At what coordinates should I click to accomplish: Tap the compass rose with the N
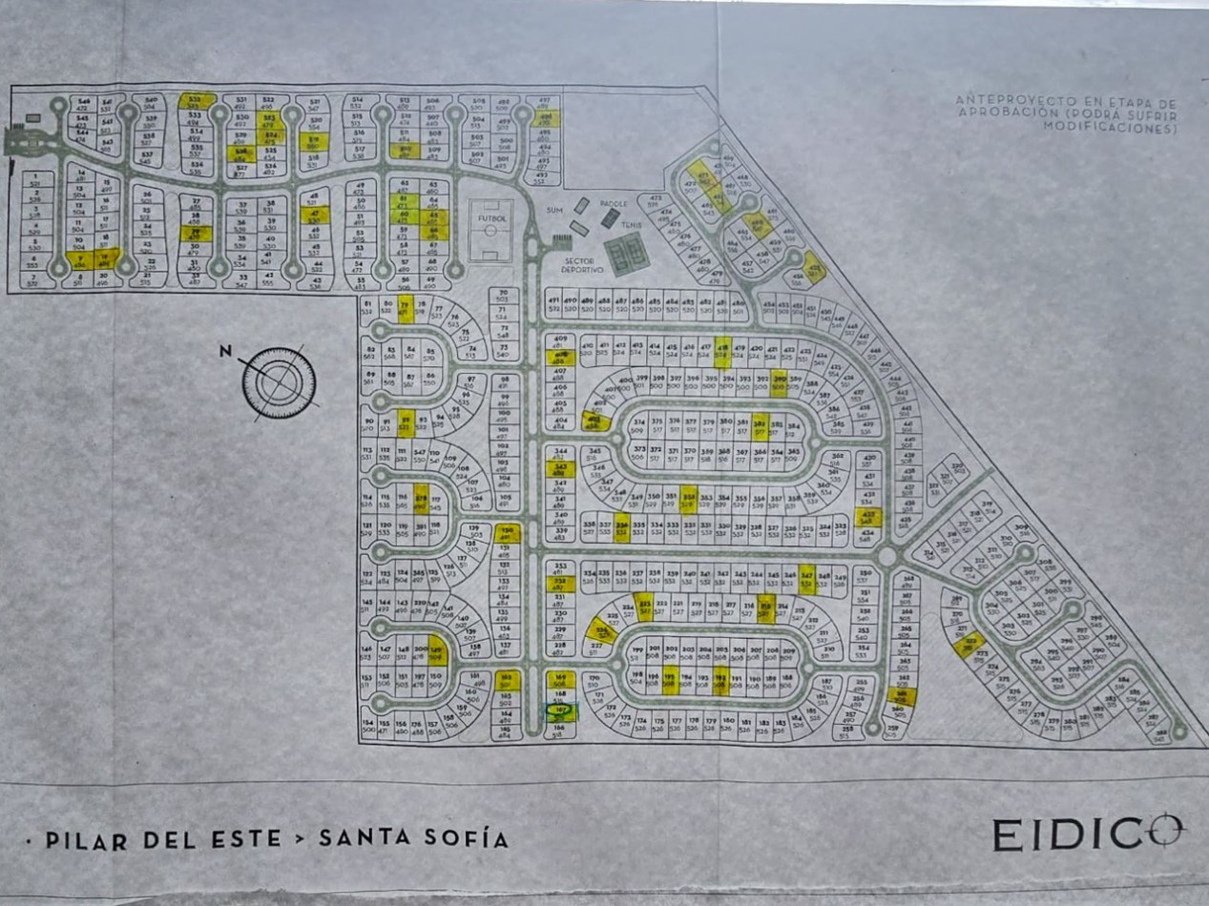pyautogui.click(x=278, y=382)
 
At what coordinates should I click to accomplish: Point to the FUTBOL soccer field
pyautogui.click(x=490, y=230)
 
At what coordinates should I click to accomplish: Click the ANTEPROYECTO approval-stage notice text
pyautogui.click(x=1066, y=113)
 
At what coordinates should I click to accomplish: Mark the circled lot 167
pyautogui.click(x=561, y=710)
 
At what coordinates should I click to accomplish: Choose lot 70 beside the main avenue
pyautogui.click(x=503, y=296)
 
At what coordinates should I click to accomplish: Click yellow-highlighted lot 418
pyautogui.click(x=722, y=350)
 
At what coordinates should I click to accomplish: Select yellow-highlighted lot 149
pyautogui.click(x=437, y=651)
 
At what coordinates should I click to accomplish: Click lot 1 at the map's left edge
pyautogui.click(x=35, y=177)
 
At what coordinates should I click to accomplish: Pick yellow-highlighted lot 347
pyautogui.click(x=807, y=578)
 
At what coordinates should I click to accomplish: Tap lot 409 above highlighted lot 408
pyautogui.click(x=560, y=341)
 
